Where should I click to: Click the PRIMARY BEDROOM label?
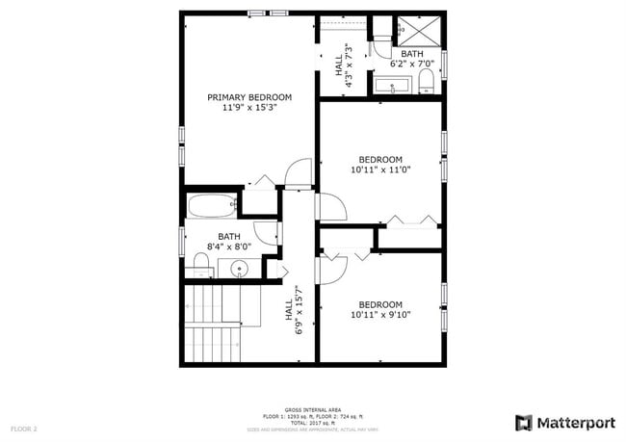coord(249,97)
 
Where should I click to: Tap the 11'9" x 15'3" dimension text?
coord(249,109)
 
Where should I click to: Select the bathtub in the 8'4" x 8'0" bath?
coord(211,204)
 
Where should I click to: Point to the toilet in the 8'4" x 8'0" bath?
coord(201,262)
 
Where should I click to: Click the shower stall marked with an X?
coord(419,31)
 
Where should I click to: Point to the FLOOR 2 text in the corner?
coord(24,427)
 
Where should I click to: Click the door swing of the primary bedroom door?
coord(300,171)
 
